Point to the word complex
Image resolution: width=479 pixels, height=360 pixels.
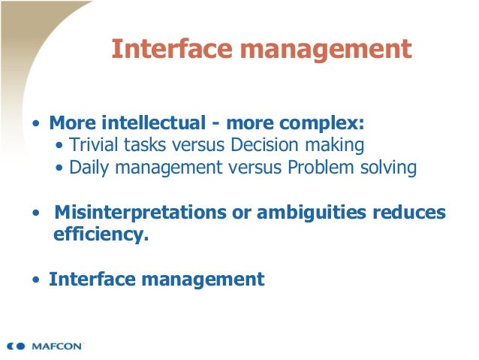pos(324,123)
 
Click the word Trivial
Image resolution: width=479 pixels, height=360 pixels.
pos(91,144)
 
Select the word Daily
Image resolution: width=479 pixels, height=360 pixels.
pos(88,167)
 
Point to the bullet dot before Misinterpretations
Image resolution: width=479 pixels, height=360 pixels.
pos(35,213)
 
